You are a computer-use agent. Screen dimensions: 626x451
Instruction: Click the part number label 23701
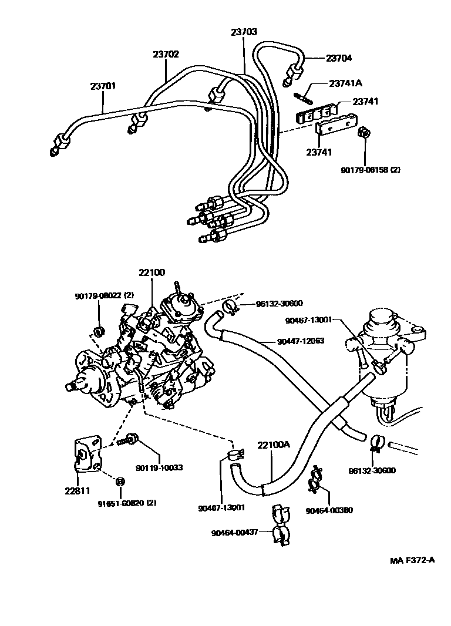[x=103, y=86]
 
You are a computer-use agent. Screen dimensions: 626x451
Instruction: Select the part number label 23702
[x=166, y=54]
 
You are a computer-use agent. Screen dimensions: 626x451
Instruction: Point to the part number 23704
[x=339, y=58]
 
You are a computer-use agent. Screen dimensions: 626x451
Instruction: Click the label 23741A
[x=345, y=84]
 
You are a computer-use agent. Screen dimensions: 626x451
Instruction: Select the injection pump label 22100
[x=152, y=272]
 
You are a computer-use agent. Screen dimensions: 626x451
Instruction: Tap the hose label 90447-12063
[x=292, y=341]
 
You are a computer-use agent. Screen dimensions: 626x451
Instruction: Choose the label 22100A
[x=274, y=445]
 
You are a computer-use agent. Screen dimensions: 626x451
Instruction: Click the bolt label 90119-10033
[x=159, y=467]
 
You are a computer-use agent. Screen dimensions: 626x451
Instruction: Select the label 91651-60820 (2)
[x=127, y=503]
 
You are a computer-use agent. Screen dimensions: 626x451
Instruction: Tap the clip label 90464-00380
[x=329, y=510]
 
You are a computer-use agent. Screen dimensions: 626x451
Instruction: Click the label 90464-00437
[x=234, y=533]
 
